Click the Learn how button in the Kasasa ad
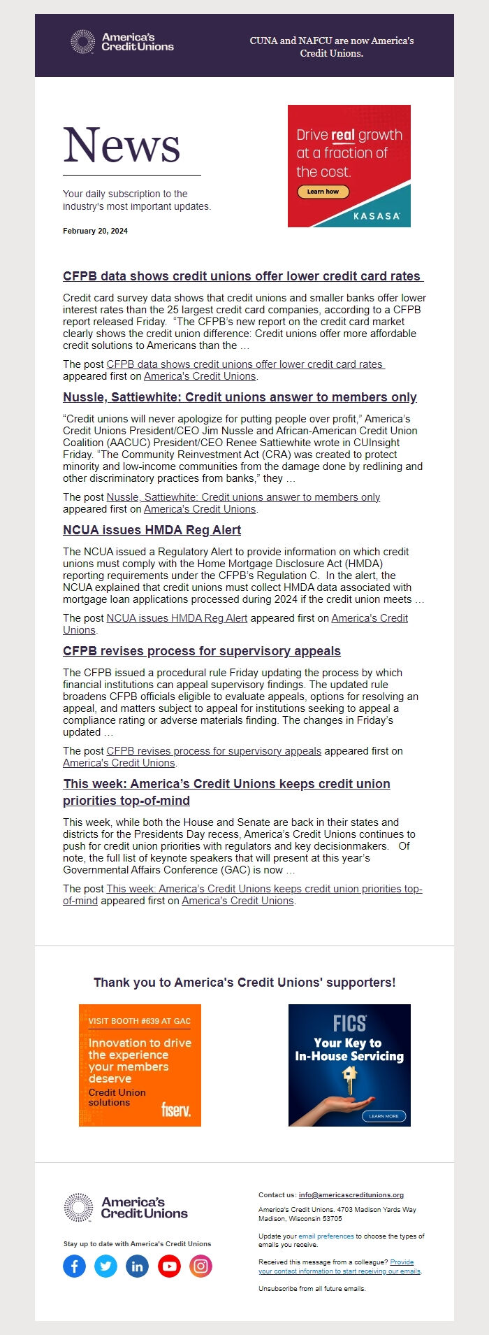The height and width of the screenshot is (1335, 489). pos(323,192)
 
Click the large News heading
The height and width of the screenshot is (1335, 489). pos(122,145)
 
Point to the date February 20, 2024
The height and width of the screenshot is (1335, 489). pos(95,231)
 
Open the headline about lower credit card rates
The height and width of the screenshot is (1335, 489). pos(242,276)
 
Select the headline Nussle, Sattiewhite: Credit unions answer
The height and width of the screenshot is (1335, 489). pos(240,397)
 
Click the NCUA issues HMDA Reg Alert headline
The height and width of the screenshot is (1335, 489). pos(152,530)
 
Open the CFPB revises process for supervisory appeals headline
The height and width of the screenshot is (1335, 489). pos(201,651)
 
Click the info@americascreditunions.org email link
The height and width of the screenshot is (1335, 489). pos(351,1195)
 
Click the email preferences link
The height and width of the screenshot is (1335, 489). pos(326,1236)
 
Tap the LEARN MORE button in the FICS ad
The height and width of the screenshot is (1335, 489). pos(384,1116)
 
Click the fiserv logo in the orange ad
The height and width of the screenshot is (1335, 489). pos(175,1109)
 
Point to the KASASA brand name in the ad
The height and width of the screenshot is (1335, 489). pos(377,216)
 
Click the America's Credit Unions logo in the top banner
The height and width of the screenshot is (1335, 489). pos(123,42)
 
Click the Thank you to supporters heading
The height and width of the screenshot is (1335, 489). pos(245,983)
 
